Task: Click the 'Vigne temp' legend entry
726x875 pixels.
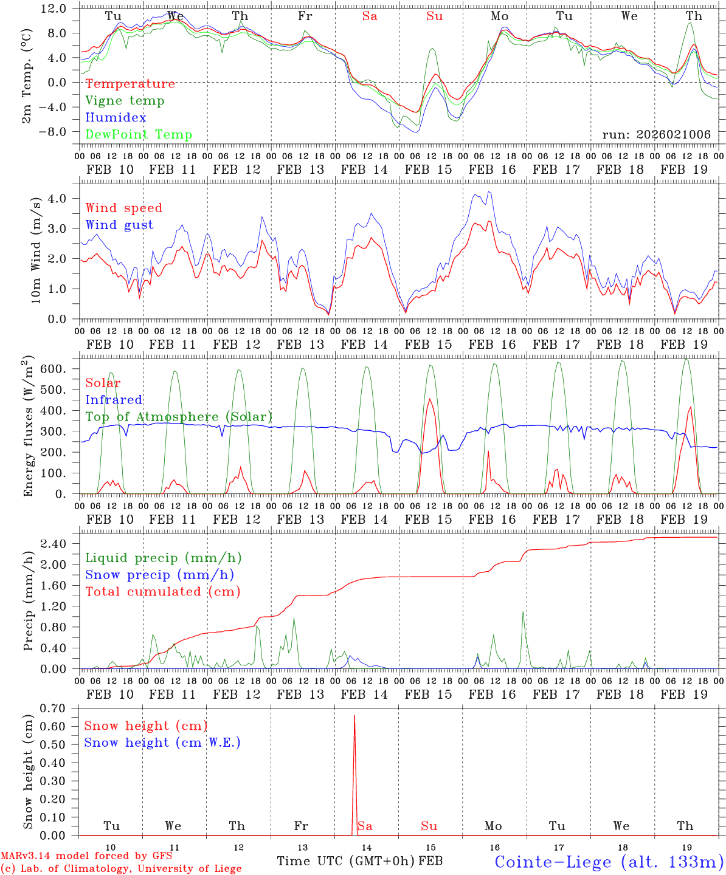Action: coord(125,101)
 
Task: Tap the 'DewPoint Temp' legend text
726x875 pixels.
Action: coord(139,135)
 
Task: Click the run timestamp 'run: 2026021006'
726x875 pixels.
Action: coord(656,135)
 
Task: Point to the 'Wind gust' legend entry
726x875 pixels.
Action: coord(119,225)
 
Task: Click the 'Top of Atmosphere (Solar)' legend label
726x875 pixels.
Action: coord(179,417)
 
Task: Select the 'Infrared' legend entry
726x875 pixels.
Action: coord(114,400)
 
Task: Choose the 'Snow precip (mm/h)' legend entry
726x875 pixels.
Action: coord(159,575)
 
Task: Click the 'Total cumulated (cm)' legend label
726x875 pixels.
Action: coord(162,591)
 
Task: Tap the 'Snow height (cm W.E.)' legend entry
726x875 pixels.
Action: coord(162,743)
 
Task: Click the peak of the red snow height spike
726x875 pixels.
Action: coord(354,716)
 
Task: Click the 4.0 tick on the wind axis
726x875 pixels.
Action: coord(57,199)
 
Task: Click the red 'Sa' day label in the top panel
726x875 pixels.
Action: coord(370,16)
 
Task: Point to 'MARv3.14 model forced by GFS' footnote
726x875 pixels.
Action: coord(86,856)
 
